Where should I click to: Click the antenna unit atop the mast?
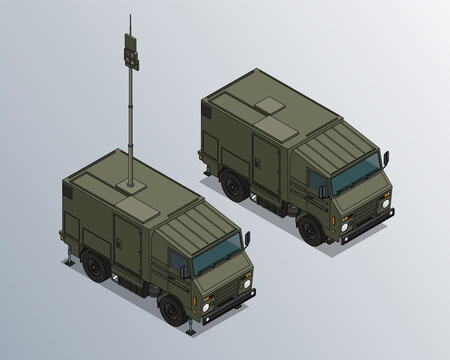(131, 51)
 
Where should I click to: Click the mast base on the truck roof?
(130, 184)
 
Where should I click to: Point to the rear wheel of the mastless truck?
(233, 185)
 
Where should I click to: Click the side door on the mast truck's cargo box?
(128, 245)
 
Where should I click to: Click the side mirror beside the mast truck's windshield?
(247, 240)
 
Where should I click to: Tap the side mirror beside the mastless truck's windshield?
(385, 158)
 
